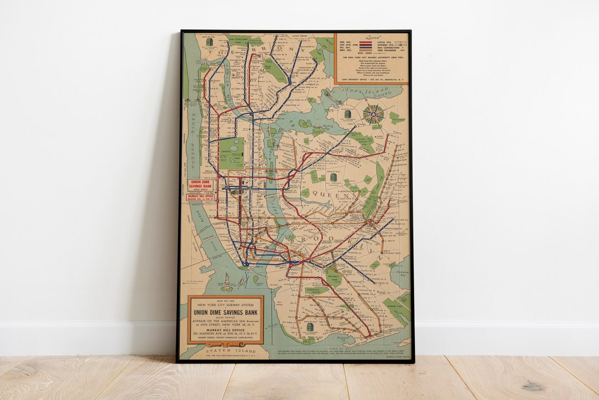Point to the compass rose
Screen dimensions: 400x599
coord(373,114)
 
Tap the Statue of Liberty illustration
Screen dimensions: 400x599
coord(227,282)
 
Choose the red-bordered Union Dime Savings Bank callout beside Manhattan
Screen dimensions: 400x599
coord(201,185)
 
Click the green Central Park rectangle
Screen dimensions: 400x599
coord(231,153)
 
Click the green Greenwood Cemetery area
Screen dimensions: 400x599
coord(316,290)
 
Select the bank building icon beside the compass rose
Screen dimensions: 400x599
coord(348,114)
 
